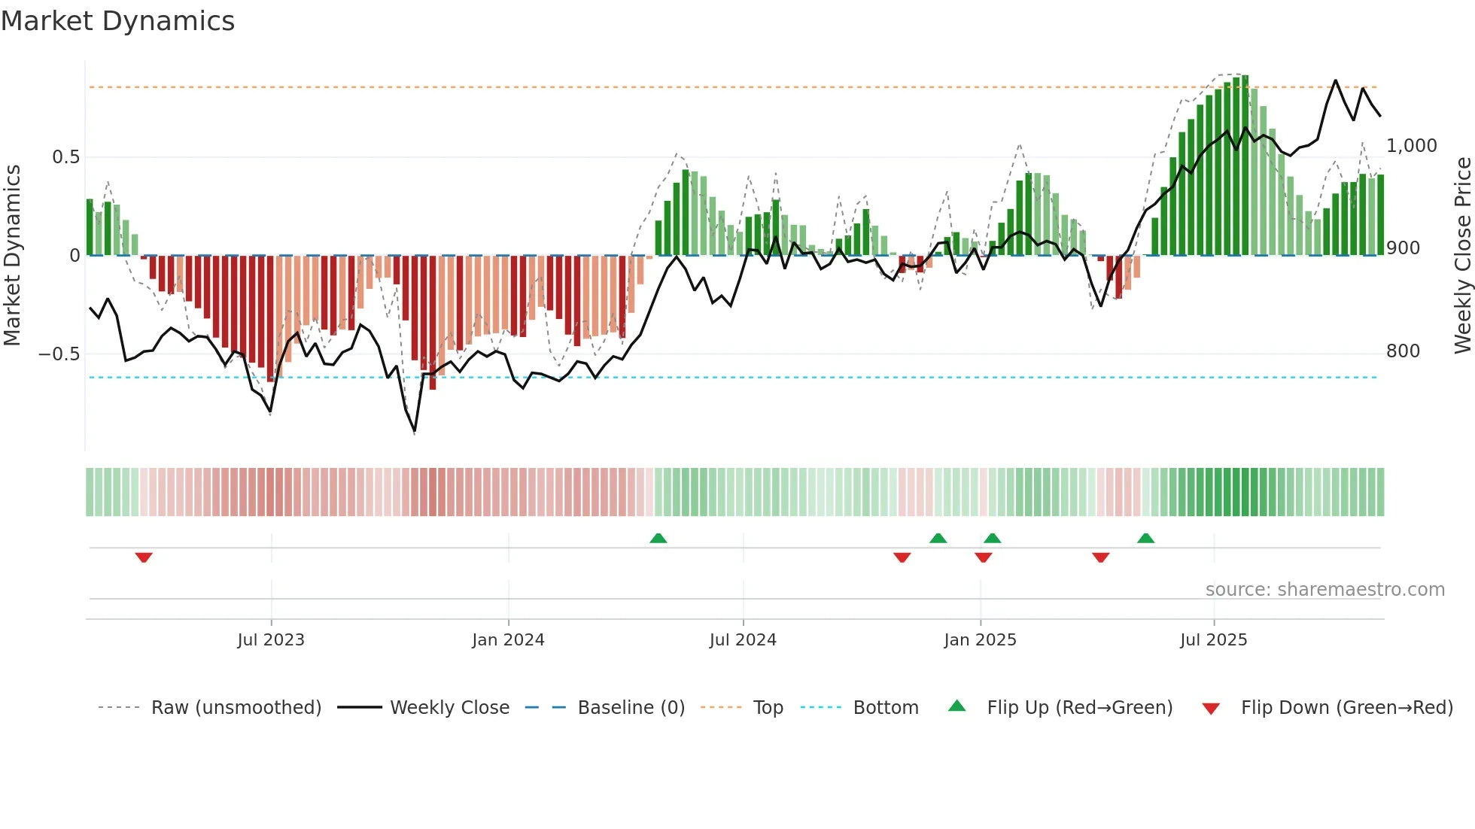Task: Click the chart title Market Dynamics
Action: pos(118,21)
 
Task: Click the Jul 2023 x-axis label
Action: pos(271,640)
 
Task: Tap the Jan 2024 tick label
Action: pos(508,640)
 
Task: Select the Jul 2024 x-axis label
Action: pos(743,640)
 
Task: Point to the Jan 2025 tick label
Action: pos(980,640)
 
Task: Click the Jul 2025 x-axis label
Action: pos(1213,640)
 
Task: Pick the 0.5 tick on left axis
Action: pos(65,157)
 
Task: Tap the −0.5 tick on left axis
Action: pos(59,354)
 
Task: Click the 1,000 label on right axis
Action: pos(1411,146)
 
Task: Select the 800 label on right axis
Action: pos(1403,351)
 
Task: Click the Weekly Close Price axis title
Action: pos(1462,256)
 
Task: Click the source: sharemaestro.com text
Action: pos(1324,590)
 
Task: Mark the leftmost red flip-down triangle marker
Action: pos(144,557)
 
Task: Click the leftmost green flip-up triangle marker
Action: pos(658,538)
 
